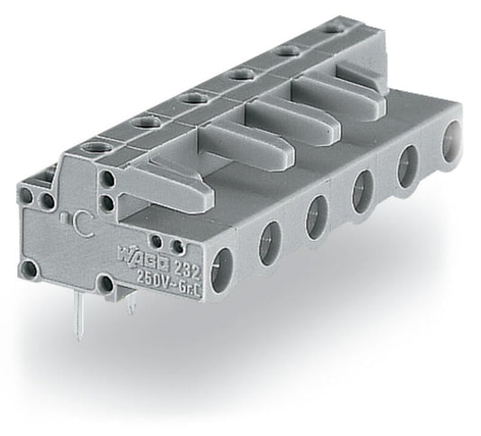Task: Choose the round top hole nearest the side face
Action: [90, 144]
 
